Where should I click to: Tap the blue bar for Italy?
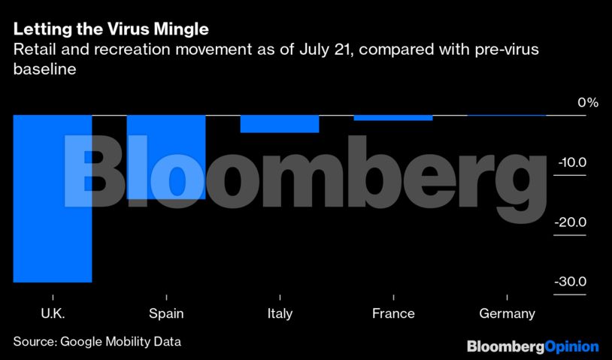pyautogui.click(x=280, y=123)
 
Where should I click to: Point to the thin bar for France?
pyautogui.click(x=393, y=117)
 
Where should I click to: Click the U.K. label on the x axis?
pyautogui.click(x=52, y=313)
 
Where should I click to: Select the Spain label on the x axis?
pyautogui.click(x=166, y=313)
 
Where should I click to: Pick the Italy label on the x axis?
pyautogui.click(x=280, y=313)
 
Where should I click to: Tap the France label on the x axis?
pyautogui.click(x=393, y=313)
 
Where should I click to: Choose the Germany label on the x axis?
pyautogui.click(x=507, y=313)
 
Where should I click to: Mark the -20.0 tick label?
pyautogui.click(x=571, y=222)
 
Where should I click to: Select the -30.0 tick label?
pyautogui.click(x=571, y=282)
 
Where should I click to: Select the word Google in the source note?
pyautogui.click(x=84, y=341)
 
